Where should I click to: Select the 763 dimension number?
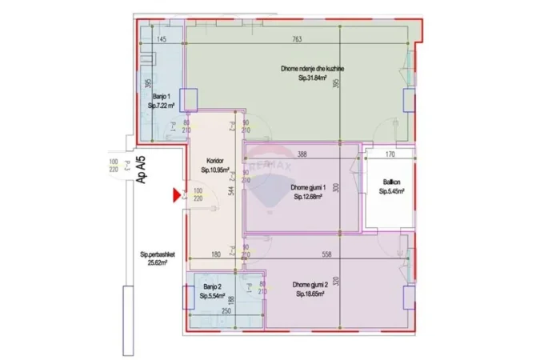pos(297,39)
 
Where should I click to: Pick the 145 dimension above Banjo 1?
pos(161,39)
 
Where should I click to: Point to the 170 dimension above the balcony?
pos(390,154)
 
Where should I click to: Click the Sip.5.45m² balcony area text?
pos(392,192)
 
